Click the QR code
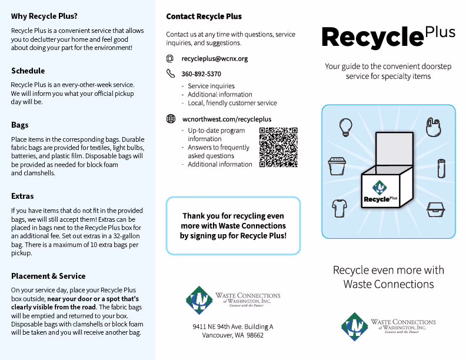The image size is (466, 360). coord(278,147)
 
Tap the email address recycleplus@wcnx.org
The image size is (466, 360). coord(215,59)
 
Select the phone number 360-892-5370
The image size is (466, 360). coord(201,74)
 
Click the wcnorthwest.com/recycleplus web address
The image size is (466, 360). coord(218,119)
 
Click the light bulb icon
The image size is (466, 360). coord(345,126)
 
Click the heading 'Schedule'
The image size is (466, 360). coord(28,71)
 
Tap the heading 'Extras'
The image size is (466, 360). coord(22,196)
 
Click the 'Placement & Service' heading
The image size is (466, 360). coord(48,276)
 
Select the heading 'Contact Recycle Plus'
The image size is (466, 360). coord(204,16)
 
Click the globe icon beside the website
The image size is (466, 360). coord(171,119)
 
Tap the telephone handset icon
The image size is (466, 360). coord(171,74)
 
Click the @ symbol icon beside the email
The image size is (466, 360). coord(170,59)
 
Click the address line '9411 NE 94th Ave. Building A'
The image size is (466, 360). coord(232,326)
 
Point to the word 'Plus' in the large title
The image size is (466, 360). coord(440,32)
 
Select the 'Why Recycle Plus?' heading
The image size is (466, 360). coord(44,16)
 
